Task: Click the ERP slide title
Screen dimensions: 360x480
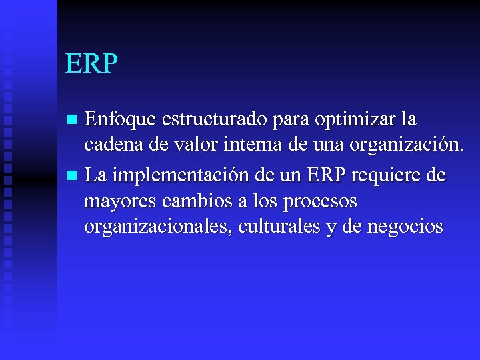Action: (x=91, y=64)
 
